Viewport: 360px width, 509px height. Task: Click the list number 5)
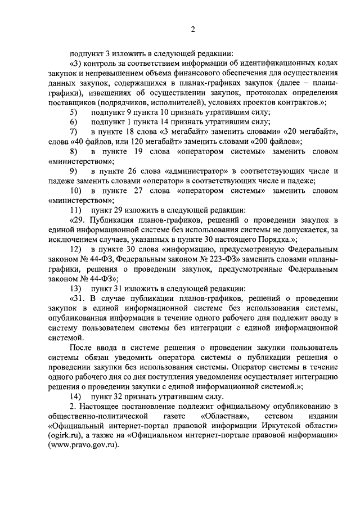click(73, 112)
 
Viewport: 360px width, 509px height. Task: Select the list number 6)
click(73, 122)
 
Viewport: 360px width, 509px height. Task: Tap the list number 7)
click(73, 132)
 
